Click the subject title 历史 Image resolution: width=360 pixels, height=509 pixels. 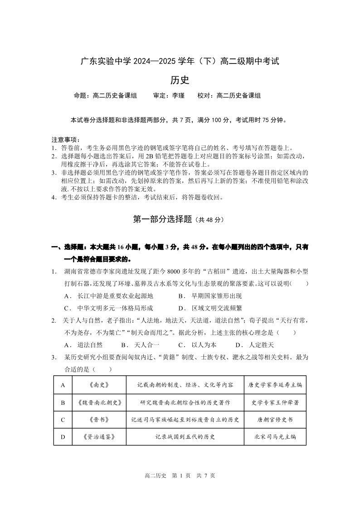coord(180,80)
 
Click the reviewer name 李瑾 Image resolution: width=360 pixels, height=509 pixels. coord(178,96)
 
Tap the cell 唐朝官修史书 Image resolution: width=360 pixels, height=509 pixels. coord(275,419)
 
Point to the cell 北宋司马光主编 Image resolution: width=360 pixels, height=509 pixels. coord(275,437)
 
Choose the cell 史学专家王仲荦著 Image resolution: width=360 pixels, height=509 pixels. coord(275,402)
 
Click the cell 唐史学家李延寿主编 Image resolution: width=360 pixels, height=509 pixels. coord(275,385)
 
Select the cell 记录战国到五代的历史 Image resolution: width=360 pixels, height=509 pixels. coord(185,437)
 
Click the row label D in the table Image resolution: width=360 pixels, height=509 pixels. coord(63,437)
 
